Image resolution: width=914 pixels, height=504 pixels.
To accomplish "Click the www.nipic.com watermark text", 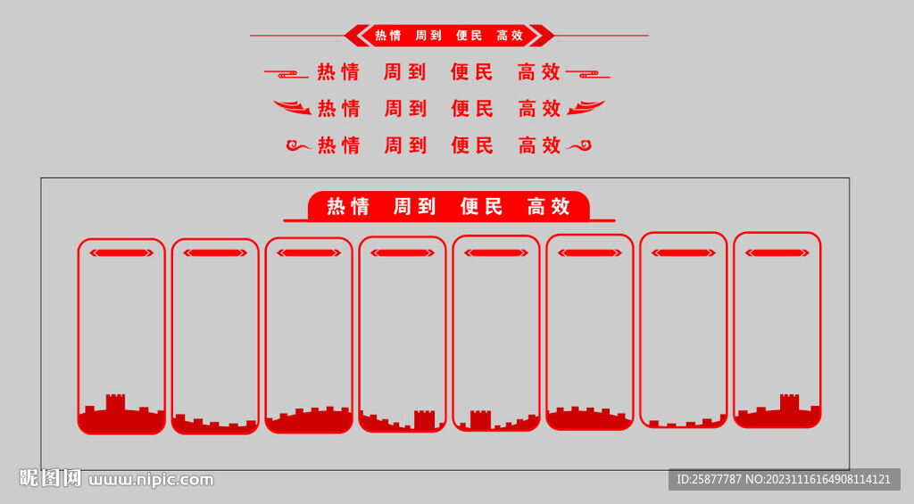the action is (x=151, y=480).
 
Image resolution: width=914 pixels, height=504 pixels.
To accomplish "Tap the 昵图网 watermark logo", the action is (x=50, y=478).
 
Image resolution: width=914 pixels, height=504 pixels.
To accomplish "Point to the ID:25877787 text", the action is (x=709, y=480).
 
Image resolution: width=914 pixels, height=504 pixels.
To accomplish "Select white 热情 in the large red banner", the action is (x=348, y=206).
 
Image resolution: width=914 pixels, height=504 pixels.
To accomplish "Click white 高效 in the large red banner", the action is (x=549, y=206).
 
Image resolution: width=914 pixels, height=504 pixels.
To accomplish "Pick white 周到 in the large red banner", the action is (x=414, y=206).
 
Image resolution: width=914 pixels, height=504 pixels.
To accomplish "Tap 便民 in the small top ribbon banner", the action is (x=469, y=36).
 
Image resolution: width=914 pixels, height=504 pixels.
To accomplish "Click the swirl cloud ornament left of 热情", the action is (x=299, y=145).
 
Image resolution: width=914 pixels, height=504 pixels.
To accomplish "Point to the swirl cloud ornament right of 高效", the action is (x=578, y=145).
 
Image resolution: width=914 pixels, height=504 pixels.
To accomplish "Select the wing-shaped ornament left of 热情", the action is (x=293, y=107).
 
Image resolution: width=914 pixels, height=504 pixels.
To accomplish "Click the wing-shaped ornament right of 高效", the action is (x=586, y=107).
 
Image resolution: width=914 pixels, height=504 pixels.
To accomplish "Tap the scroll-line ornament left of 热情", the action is (x=287, y=74).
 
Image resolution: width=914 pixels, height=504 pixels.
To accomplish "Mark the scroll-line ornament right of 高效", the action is (x=588, y=74).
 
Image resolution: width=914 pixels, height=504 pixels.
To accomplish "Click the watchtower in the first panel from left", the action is (x=115, y=403).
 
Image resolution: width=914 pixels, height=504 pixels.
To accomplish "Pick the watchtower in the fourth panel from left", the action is (x=424, y=419).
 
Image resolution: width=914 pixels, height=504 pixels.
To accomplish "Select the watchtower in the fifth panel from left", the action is (x=480, y=419).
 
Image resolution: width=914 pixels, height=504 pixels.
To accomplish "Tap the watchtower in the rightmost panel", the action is (x=789, y=402).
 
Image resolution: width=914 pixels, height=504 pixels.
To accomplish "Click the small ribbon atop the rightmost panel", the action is (x=777, y=252).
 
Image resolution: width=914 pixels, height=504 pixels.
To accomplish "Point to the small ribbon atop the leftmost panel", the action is (x=121, y=252).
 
